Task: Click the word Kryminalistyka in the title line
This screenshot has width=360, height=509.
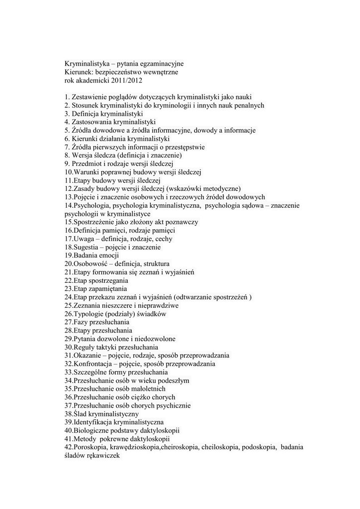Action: point(87,64)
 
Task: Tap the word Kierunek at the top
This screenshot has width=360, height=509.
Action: point(79,72)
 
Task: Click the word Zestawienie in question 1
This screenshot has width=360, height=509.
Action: point(90,97)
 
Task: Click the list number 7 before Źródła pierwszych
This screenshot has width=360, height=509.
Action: point(67,147)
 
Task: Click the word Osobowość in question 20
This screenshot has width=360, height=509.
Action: point(91,264)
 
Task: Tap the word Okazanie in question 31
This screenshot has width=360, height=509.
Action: point(89,356)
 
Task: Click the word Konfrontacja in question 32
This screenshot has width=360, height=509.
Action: point(93,364)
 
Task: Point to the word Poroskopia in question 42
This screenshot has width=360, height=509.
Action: point(90,447)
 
